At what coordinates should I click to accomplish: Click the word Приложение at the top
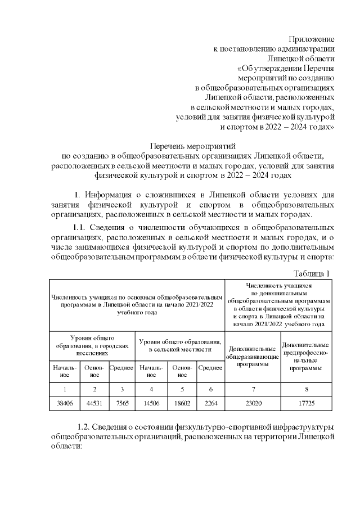(311, 39)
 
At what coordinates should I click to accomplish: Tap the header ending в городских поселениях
(92, 345)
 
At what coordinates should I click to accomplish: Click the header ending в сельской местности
(180, 345)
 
